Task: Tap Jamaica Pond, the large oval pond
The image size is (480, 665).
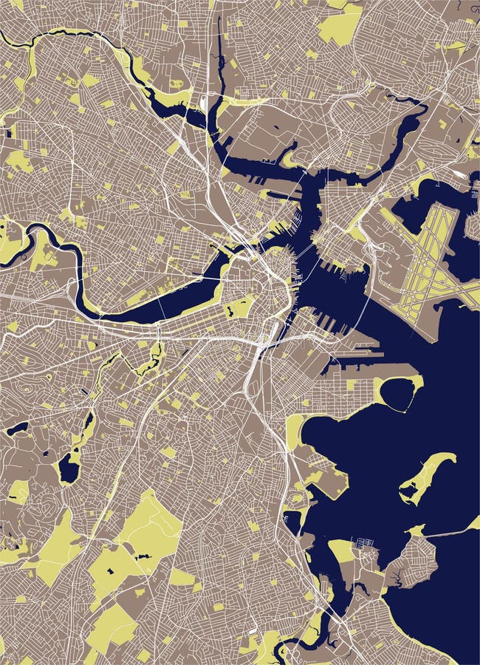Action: point(69,467)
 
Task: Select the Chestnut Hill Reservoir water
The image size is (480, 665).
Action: point(16,428)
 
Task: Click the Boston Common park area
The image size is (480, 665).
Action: point(240,307)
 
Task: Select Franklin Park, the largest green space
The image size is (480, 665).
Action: point(148,528)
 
